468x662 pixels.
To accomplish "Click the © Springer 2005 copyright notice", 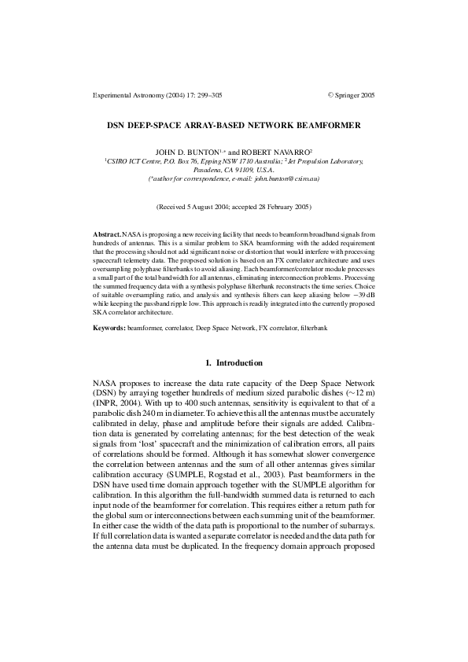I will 351,94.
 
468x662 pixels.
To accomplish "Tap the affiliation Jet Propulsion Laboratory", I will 330,160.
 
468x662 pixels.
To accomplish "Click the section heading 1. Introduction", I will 234,362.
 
